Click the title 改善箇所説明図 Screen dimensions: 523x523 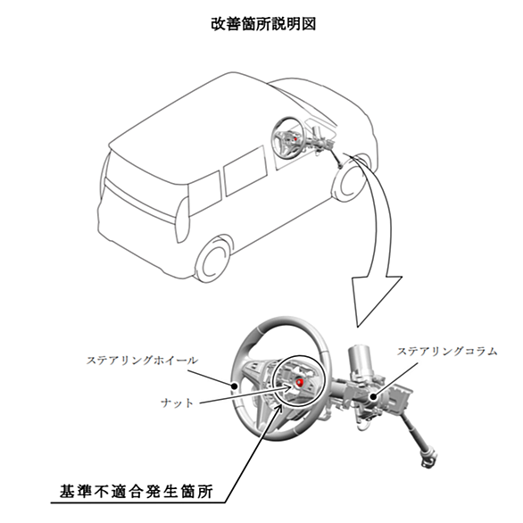[x=263, y=24]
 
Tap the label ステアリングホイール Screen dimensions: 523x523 [x=143, y=361]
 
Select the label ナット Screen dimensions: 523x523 [x=177, y=403]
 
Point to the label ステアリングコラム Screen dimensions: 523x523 [x=447, y=352]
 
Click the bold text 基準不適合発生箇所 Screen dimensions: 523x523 [x=137, y=491]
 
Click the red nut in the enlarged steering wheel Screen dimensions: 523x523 [x=300, y=382]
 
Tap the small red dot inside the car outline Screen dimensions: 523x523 [x=295, y=137]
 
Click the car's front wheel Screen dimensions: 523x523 [x=350, y=178]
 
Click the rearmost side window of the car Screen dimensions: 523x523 [x=204, y=194]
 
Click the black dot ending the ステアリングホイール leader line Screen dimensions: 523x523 [x=235, y=386]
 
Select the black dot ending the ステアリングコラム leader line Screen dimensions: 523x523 [x=373, y=397]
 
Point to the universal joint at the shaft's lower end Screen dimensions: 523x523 [x=428, y=460]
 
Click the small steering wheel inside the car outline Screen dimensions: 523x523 [x=288, y=137]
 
